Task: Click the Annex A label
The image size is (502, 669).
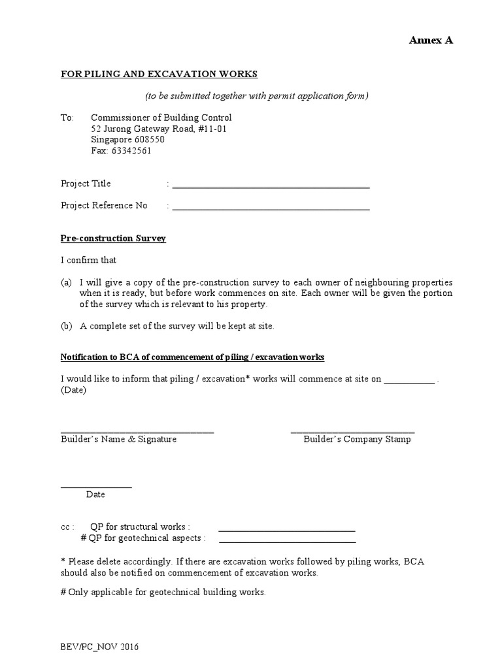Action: (x=431, y=41)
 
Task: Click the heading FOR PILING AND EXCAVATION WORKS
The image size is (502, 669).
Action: (x=159, y=74)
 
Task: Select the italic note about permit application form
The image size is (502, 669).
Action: (x=257, y=96)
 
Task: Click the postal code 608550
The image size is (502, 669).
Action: (x=148, y=140)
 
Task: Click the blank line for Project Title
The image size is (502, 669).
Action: (x=271, y=187)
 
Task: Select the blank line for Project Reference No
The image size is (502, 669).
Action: (x=271, y=209)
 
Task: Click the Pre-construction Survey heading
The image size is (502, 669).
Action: (x=113, y=238)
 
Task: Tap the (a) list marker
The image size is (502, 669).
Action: (x=66, y=282)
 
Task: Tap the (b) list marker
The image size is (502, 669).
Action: (x=66, y=326)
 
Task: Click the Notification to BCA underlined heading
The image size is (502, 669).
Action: (x=192, y=357)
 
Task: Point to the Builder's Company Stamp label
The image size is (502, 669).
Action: (x=357, y=439)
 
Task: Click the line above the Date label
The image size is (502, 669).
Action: (x=96, y=487)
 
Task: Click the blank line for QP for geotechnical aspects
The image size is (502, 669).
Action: (x=288, y=542)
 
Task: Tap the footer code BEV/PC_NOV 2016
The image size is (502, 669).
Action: (x=99, y=647)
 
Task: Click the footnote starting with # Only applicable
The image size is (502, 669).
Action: (x=163, y=592)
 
